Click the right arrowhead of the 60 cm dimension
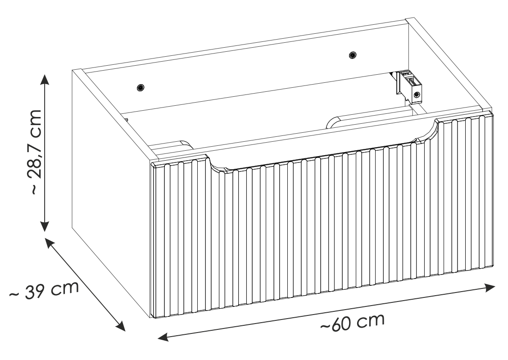[490, 288]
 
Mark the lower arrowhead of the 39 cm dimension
[121, 326]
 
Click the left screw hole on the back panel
[141, 87]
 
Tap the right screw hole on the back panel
[353, 55]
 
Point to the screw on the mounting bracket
[417, 94]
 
